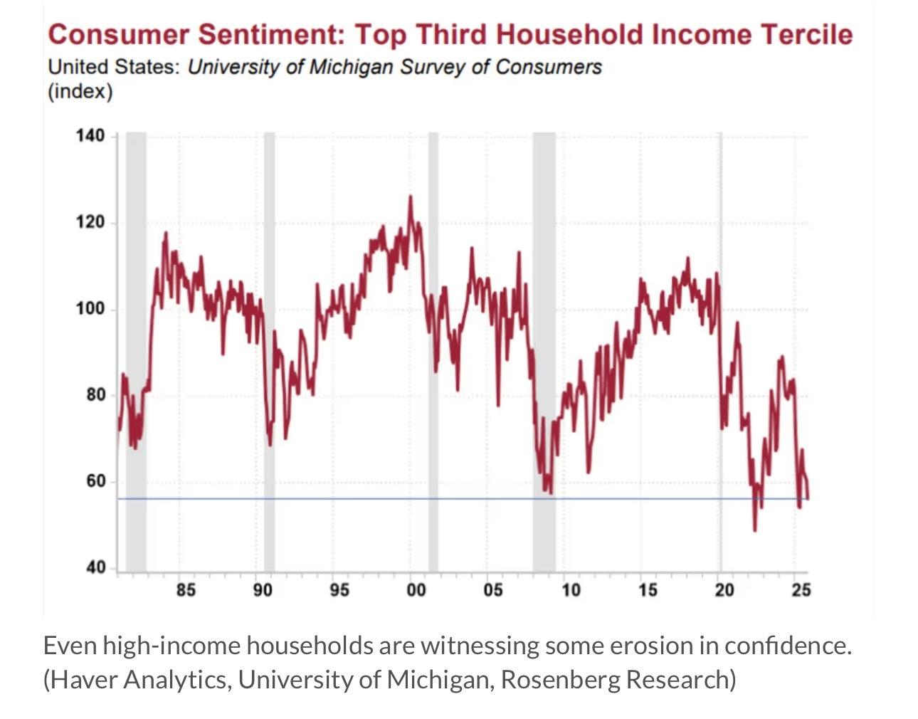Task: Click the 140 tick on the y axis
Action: coord(90,136)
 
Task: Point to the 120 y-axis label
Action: coord(90,222)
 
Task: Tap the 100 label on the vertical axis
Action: coord(90,309)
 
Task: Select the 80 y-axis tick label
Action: coord(95,395)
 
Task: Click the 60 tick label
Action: coord(95,481)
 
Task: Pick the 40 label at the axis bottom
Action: coord(95,567)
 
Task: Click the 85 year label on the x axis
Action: coord(186,590)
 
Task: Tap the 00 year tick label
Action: coord(416,590)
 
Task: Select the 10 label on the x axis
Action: coord(571,590)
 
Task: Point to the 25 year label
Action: coord(801,590)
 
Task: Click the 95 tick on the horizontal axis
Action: coord(339,590)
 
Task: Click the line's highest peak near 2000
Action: coord(410,197)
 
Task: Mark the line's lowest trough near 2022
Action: coord(754,530)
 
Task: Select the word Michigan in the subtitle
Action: coord(352,67)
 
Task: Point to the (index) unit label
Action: coord(80,92)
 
